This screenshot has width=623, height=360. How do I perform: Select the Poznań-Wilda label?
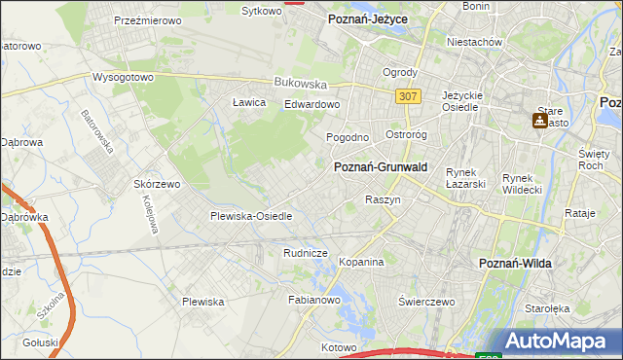click(x=518, y=264)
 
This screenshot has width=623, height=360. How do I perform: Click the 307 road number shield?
click(x=409, y=95)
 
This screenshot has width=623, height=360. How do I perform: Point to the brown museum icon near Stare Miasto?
click(x=539, y=121)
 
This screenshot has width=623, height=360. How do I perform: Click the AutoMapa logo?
click(x=559, y=342)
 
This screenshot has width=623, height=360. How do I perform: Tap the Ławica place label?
click(x=249, y=101)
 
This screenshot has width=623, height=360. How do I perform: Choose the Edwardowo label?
click(x=311, y=104)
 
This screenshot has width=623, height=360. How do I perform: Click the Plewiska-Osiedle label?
click(x=251, y=216)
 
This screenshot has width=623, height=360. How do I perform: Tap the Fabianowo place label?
click(x=312, y=301)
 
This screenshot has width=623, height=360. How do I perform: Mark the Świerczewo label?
click(x=427, y=302)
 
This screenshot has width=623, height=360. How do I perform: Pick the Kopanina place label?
click(x=361, y=263)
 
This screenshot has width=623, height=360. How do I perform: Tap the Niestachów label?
click(x=474, y=43)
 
